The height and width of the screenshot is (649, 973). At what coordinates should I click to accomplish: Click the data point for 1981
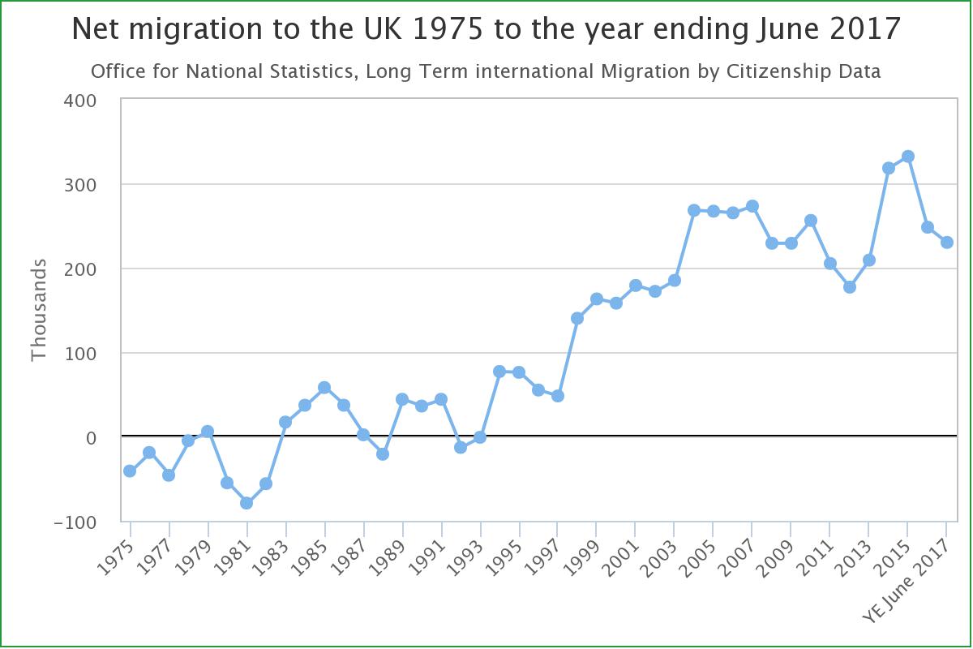click(246, 503)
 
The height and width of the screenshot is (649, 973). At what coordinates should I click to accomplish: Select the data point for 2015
click(908, 157)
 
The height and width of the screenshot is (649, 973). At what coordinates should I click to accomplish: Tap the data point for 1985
click(324, 388)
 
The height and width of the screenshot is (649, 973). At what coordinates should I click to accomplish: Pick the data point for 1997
click(558, 396)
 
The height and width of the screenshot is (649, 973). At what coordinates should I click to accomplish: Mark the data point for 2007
click(752, 206)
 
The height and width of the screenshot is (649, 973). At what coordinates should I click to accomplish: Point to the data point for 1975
click(130, 471)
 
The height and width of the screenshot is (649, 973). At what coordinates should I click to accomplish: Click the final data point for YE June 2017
click(947, 243)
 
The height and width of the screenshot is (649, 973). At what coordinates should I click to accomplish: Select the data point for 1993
click(480, 437)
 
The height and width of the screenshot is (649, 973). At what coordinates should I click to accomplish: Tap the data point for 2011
click(830, 264)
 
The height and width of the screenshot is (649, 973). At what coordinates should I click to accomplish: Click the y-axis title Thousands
click(39, 311)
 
